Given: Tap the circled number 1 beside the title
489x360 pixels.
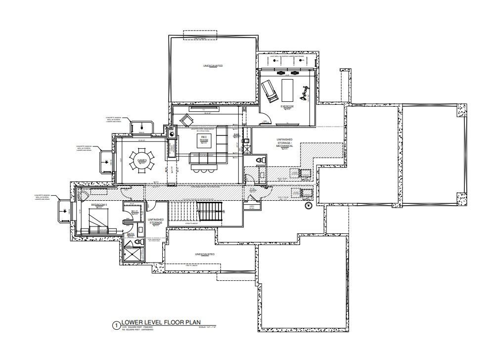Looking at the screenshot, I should click(x=116, y=325).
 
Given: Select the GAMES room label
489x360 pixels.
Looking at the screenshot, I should click(x=141, y=161).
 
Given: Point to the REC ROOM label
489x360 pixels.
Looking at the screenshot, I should click(x=203, y=138).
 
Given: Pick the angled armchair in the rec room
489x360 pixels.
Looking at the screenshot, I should click(x=187, y=120).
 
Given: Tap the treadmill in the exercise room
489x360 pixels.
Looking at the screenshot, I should click(x=269, y=91).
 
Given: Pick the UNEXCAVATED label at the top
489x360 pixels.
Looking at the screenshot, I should click(x=212, y=65).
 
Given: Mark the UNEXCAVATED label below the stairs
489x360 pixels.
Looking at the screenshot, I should click(x=205, y=254).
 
